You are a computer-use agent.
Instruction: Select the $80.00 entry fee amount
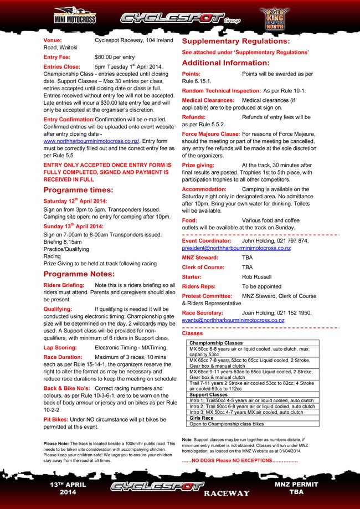pos(115,57)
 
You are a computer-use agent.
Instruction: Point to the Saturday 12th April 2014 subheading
pos(75,200)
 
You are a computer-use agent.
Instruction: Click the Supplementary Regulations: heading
pos(235,41)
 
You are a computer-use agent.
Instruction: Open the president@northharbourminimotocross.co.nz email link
pos(236,249)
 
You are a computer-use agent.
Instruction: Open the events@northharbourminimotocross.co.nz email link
pos(233,320)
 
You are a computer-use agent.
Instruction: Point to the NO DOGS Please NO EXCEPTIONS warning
pos(240,461)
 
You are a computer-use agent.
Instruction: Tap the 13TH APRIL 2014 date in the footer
pos(68,488)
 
